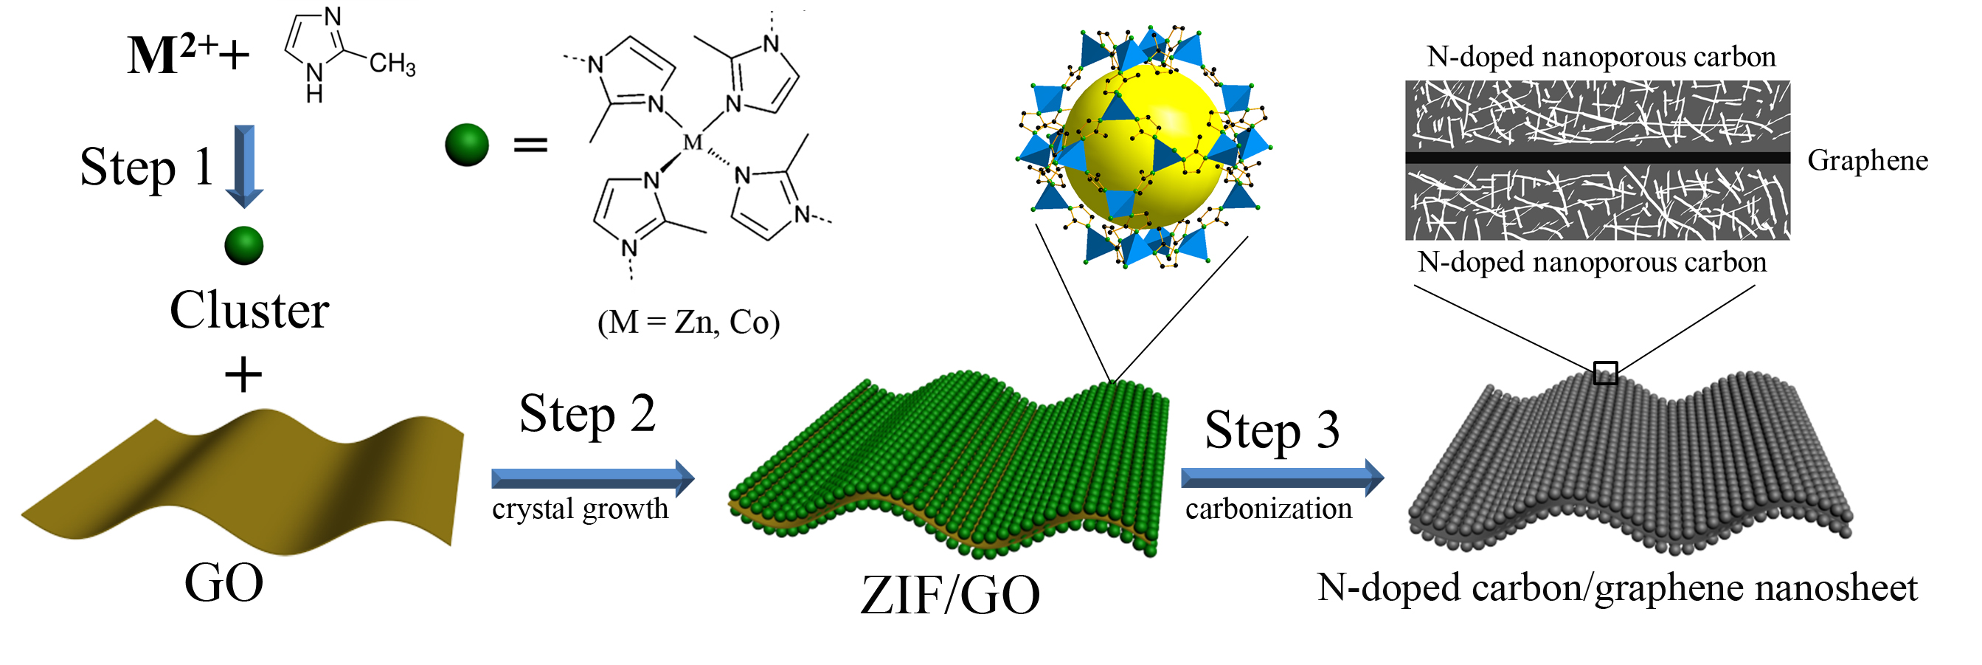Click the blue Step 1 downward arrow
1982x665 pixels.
pos(245,166)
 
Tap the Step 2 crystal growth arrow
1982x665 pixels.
pos(592,478)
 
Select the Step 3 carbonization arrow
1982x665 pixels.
pos(1282,478)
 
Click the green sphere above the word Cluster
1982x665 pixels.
pos(244,247)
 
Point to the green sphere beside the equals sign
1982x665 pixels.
pos(467,145)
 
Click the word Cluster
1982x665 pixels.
pos(249,310)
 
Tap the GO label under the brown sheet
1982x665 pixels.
pos(224,582)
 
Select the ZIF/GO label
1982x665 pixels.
pos(950,596)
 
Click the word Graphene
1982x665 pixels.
pos(1868,161)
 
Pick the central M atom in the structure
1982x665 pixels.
pos(693,142)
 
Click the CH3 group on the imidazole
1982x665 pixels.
pos(392,64)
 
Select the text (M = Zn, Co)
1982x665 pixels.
pos(689,323)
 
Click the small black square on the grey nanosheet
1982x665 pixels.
pos(1605,373)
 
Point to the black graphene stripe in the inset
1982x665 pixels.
pos(1597,158)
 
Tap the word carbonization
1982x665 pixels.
pos(1269,509)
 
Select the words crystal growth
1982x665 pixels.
pos(580,509)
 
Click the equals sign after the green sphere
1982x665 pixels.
pos(531,145)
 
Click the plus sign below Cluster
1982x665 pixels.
pos(243,376)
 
